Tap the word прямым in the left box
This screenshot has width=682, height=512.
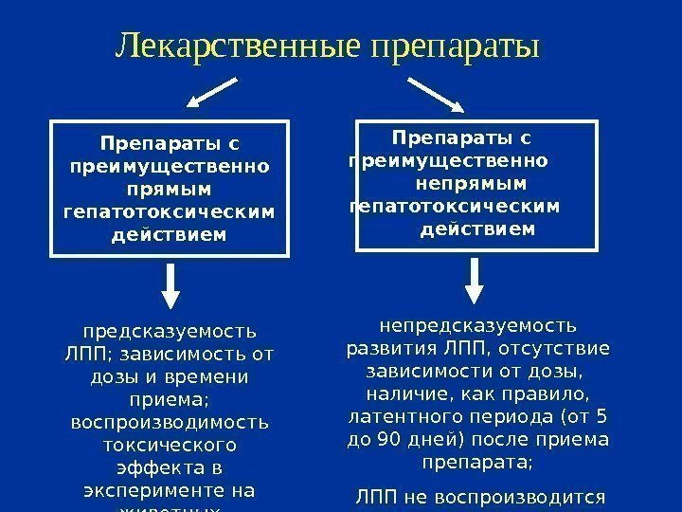pyautogui.click(x=170, y=188)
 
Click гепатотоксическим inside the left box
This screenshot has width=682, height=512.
pyautogui.click(x=170, y=210)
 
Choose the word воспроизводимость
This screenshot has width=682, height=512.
pyautogui.click(x=170, y=421)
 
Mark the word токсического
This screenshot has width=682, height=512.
pyautogui.click(x=170, y=444)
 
